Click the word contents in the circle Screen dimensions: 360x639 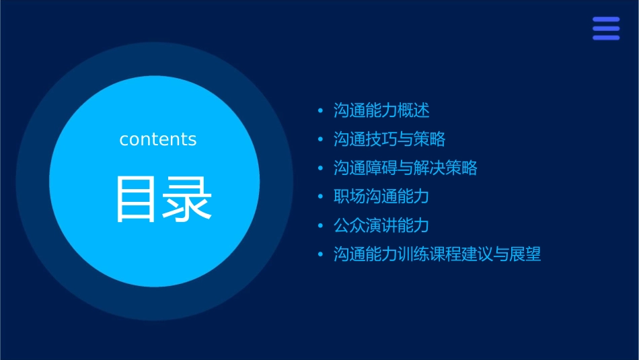(x=158, y=139)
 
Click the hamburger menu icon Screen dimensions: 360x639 (x=605, y=28)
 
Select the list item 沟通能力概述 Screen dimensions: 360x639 (x=381, y=110)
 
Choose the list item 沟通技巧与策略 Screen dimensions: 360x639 (x=389, y=139)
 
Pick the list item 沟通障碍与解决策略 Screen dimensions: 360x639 (x=406, y=168)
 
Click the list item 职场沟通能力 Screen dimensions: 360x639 (x=381, y=196)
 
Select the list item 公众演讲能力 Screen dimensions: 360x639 (x=381, y=225)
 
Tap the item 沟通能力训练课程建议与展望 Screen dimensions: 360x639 (x=437, y=254)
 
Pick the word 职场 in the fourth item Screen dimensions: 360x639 (x=350, y=196)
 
